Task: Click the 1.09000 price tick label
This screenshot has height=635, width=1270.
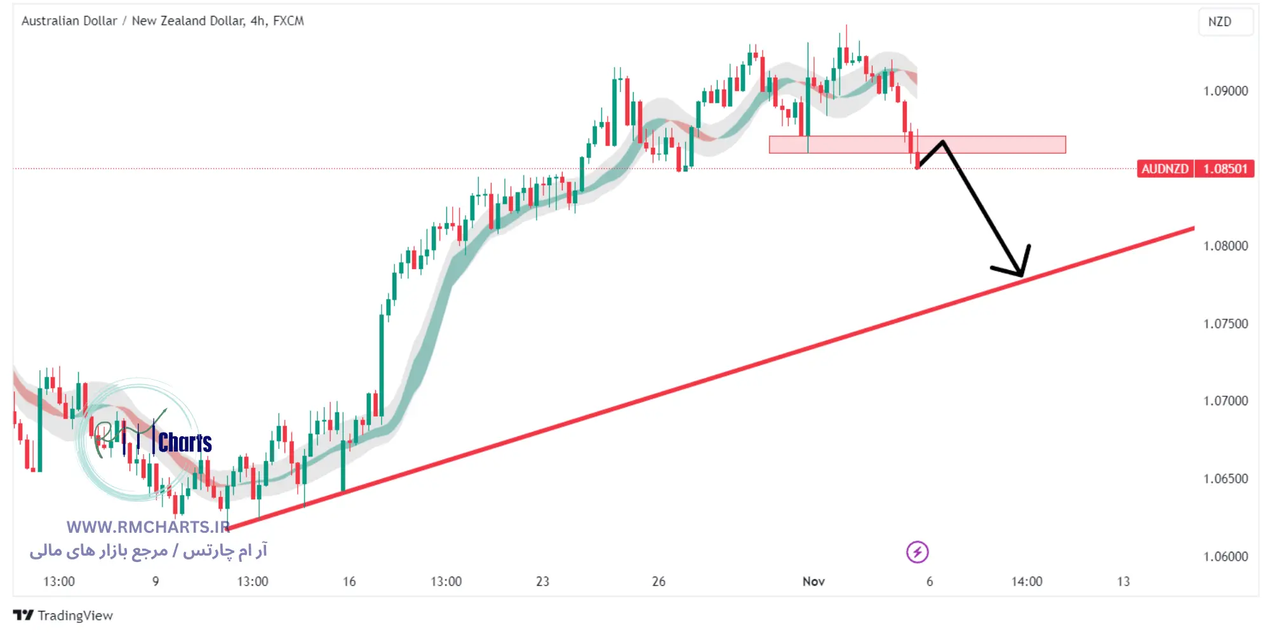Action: coord(1225,91)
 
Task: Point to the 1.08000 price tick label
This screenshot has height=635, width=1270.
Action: coord(1225,246)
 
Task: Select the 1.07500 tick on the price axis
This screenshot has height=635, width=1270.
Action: coord(1225,324)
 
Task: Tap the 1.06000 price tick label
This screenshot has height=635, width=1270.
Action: coord(1225,556)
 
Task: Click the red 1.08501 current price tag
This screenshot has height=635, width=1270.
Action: coord(1225,169)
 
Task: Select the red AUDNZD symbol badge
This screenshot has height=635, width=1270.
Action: coord(1165,169)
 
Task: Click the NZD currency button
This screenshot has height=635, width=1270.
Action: coord(1219,22)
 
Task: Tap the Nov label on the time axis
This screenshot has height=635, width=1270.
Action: coord(813,581)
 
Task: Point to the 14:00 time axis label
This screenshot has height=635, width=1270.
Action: coord(1026,581)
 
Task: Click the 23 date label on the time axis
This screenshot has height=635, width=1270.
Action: coord(542,581)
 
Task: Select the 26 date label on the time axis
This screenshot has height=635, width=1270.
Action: coord(658,581)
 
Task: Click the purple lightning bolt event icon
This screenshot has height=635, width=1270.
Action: coord(917,552)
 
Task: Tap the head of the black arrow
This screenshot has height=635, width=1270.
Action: coord(1021,274)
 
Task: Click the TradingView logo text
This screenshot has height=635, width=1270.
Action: coord(74,615)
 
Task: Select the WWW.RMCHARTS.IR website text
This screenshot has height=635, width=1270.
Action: coord(148,527)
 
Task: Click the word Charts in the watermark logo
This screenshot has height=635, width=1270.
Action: coord(185,443)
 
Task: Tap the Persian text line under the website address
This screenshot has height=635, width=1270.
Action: coord(148,551)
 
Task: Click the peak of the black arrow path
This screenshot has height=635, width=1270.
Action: coord(943,142)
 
